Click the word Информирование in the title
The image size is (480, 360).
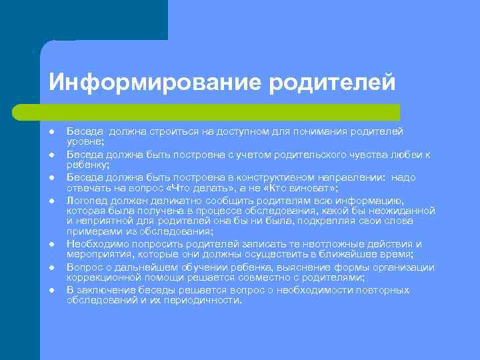[155, 83]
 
